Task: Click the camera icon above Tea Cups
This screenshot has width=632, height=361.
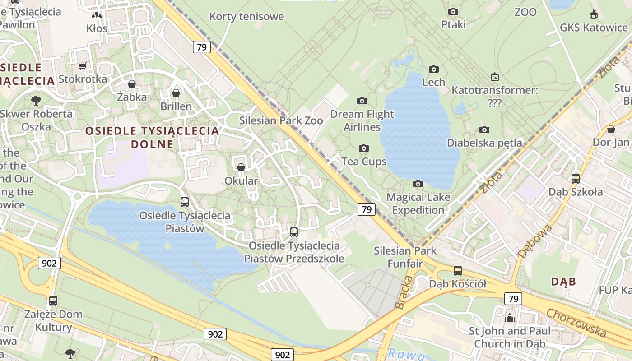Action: tap(363, 148)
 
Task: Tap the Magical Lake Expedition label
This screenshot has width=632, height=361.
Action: tap(418, 204)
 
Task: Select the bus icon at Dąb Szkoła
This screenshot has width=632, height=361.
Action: tap(575, 178)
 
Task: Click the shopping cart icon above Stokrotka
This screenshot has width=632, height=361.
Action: tap(82, 66)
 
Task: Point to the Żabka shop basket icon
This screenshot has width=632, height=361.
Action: tap(132, 84)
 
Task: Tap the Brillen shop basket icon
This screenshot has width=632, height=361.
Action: tap(176, 93)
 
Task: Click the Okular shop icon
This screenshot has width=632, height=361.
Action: tap(241, 167)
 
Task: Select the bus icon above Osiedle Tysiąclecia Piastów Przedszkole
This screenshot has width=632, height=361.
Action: tap(294, 232)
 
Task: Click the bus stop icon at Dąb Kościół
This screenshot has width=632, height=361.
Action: tap(457, 271)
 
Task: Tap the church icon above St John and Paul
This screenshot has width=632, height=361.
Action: tap(510, 318)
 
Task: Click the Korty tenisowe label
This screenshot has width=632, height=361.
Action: tap(246, 17)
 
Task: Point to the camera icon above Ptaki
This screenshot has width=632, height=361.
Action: tap(453, 11)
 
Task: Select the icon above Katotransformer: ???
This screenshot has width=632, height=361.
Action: tap(495, 77)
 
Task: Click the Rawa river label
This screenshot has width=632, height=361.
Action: tap(407, 354)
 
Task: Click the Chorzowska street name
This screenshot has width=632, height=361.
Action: tap(576, 323)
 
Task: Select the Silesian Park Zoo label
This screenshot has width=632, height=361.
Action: tap(281, 120)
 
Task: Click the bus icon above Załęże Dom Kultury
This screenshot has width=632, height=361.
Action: tap(53, 301)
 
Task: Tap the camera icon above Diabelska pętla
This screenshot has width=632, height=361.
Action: tap(484, 130)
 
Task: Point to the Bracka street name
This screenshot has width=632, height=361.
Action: tap(404, 292)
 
